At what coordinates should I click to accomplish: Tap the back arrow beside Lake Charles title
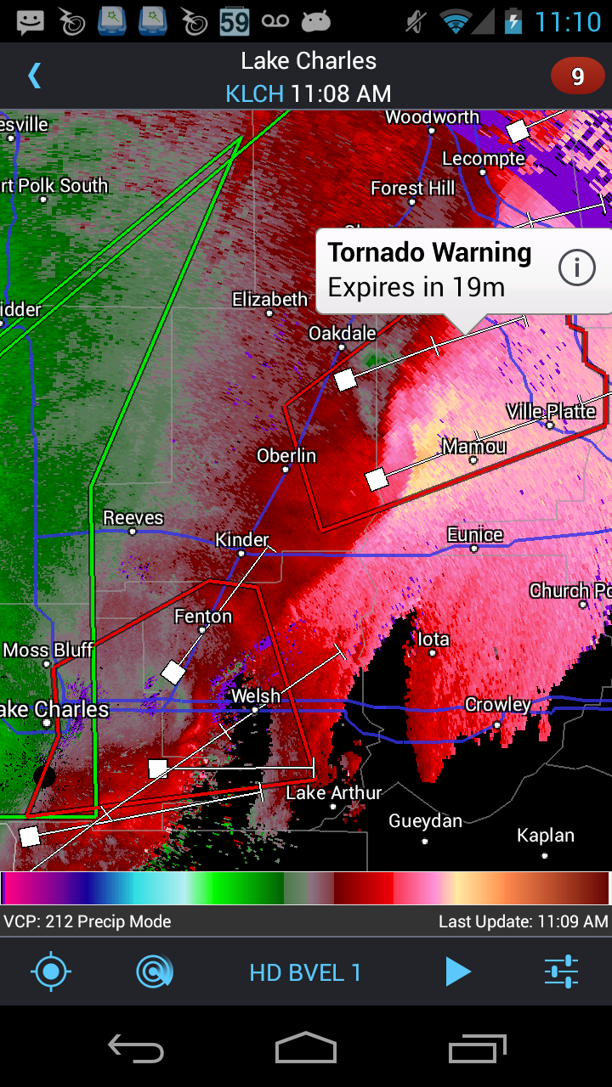pos(34,76)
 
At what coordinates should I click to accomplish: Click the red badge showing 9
pos(577,77)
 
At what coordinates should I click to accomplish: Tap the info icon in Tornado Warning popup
pos(576,269)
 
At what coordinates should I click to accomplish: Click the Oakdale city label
pos(342,334)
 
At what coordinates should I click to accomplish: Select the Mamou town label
pos(473,447)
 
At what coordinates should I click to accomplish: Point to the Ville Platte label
pos(551,412)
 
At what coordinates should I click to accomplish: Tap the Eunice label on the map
pos(475,535)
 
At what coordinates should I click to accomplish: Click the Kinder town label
pos(241,540)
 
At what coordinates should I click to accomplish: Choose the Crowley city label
pos(497,705)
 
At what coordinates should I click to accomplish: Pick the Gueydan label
pos(425,821)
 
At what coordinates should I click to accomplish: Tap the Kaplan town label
pos(545,836)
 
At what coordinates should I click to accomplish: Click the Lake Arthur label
pos(333,793)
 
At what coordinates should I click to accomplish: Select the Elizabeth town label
pos(269,300)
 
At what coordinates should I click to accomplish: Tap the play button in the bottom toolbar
pos(457,972)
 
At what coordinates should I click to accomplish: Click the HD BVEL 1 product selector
pos(305,972)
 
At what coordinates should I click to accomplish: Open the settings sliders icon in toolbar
pos(561,972)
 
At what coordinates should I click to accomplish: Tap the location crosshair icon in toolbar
pos(51,972)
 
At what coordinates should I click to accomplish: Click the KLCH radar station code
pos(254,93)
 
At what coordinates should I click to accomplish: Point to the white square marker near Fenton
pos(173,673)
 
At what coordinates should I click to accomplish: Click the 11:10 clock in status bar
pos(567,21)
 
